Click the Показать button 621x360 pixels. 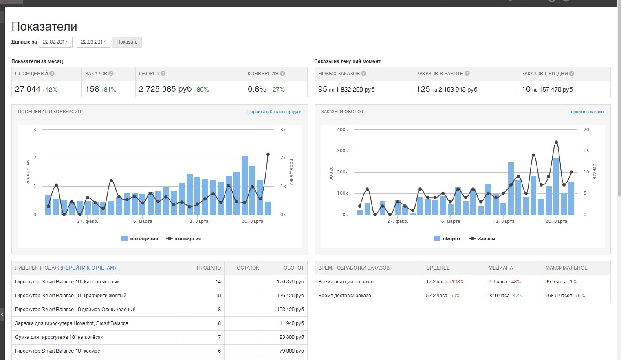pyautogui.click(x=127, y=42)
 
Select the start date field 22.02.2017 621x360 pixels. pyautogui.click(x=55, y=42)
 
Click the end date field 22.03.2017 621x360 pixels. pyautogui.click(x=93, y=42)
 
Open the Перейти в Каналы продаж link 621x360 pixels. pyautogui.click(x=274, y=112)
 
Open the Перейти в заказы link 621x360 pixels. pyautogui.click(x=586, y=112)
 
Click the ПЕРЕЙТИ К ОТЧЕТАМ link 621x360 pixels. pyautogui.click(x=88, y=268)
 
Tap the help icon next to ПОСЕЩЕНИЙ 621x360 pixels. pyautogui.click(x=52, y=73)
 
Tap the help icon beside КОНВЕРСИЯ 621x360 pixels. pyautogui.click(x=282, y=73)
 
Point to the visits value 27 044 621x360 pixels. pyautogui.click(x=27, y=89)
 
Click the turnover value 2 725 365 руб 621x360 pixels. pyautogui.click(x=165, y=89)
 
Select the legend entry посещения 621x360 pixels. pyautogui.click(x=140, y=239)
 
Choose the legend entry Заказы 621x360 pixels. pyautogui.click(x=482, y=239)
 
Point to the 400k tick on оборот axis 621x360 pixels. pyautogui.click(x=342, y=130)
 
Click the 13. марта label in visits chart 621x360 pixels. pyautogui.click(x=197, y=221)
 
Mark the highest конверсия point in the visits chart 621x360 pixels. pyautogui.click(x=268, y=154)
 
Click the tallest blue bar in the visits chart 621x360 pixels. pyautogui.click(x=244, y=185)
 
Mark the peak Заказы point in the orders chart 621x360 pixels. pyautogui.click(x=556, y=142)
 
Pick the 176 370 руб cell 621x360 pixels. pyautogui.click(x=290, y=282)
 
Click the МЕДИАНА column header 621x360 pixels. pyautogui.click(x=501, y=268)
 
